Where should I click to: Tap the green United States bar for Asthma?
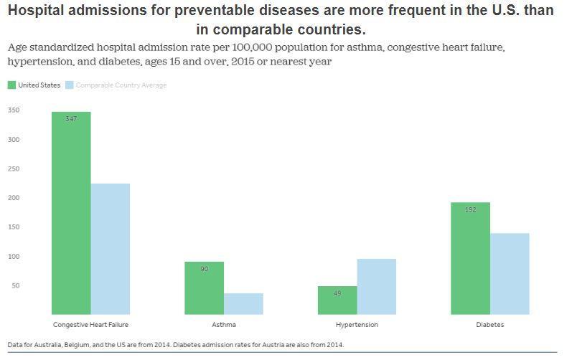coord(205,288)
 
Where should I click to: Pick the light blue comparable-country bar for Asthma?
coord(243,303)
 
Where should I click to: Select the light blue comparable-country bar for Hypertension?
coord(377,286)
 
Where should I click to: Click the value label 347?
coord(71,119)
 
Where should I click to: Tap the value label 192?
coord(470,210)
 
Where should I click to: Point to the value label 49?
coord(337,293)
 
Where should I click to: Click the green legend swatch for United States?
coord(11,85)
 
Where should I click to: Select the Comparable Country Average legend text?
coord(121,85)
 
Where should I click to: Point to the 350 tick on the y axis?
coord(14,110)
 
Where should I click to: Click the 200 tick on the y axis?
coord(14,198)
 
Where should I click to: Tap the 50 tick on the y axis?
coord(15,285)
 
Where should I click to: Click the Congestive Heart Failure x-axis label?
coord(90,325)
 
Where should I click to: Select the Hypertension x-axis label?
coord(357,325)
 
